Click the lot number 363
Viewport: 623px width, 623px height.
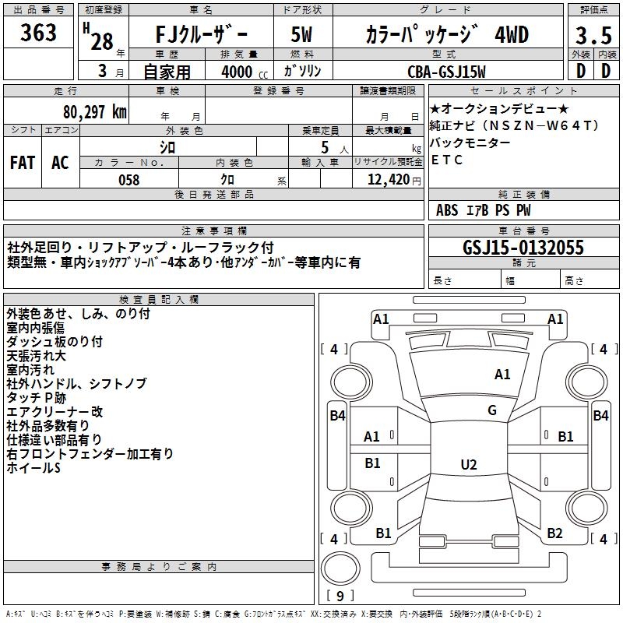coord(39,33)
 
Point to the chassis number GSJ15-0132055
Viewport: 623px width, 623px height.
coord(523,248)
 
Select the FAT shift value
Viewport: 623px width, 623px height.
coord(23,162)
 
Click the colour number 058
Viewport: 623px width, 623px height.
coord(128,180)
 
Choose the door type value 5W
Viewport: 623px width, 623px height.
coord(302,35)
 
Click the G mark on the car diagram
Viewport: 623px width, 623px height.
coord(492,410)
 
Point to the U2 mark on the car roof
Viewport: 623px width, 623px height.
coord(468,465)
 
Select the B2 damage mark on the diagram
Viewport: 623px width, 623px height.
coord(554,533)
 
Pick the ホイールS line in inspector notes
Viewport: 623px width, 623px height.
coord(33,468)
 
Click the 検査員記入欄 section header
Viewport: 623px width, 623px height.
coord(159,299)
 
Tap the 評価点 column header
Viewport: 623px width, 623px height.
coord(593,10)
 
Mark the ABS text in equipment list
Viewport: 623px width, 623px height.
coord(448,210)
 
